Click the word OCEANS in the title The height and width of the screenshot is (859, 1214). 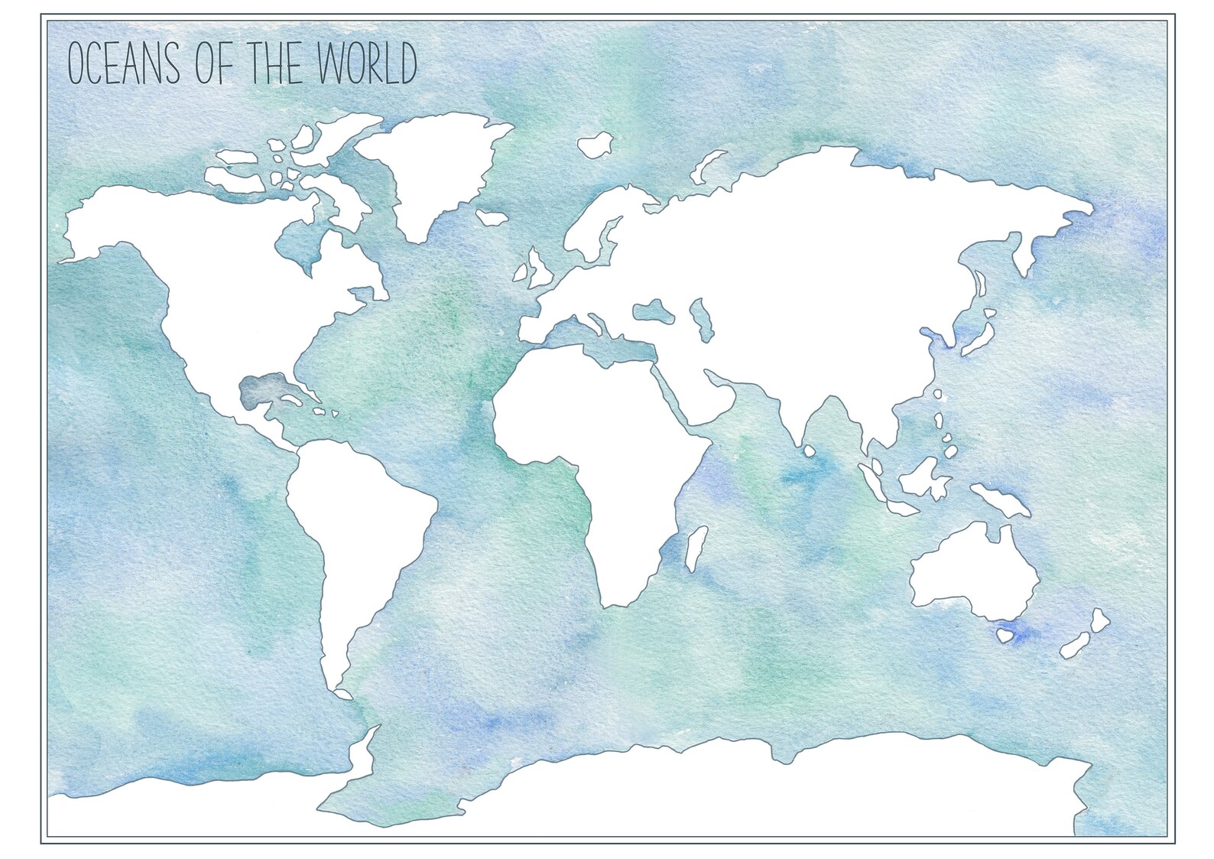point(124,63)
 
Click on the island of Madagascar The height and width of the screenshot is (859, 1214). point(695,547)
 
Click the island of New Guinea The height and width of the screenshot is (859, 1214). point(1001,498)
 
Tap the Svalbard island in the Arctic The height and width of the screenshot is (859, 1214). point(596,145)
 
